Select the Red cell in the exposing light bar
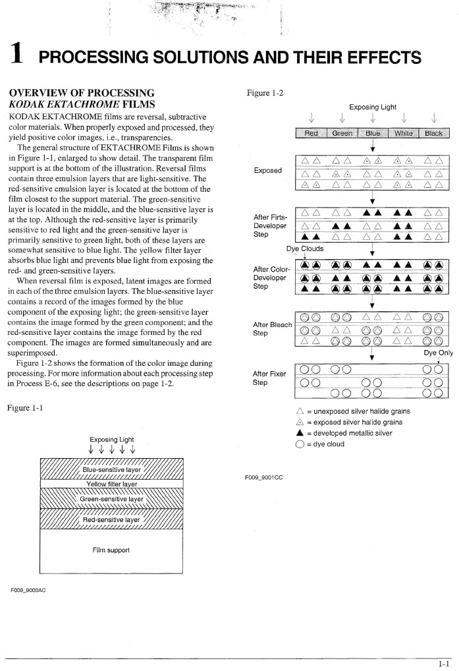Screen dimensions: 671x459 (x=311, y=132)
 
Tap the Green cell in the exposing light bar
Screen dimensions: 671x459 (x=342, y=132)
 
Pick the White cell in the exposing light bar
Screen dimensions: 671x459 (x=402, y=132)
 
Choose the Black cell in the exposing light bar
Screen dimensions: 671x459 (x=433, y=132)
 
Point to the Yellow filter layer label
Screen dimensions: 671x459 (x=111, y=484)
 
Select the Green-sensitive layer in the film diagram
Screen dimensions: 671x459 (x=111, y=499)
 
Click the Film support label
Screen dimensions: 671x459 (x=111, y=549)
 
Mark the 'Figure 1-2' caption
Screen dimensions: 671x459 (x=265, y=93)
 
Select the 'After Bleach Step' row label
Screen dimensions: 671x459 (x=273, y=328)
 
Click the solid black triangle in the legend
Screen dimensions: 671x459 (x=301, y=433)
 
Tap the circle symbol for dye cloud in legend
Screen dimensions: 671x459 (x=301, y=444)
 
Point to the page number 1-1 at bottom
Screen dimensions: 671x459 (x=445, y=664)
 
